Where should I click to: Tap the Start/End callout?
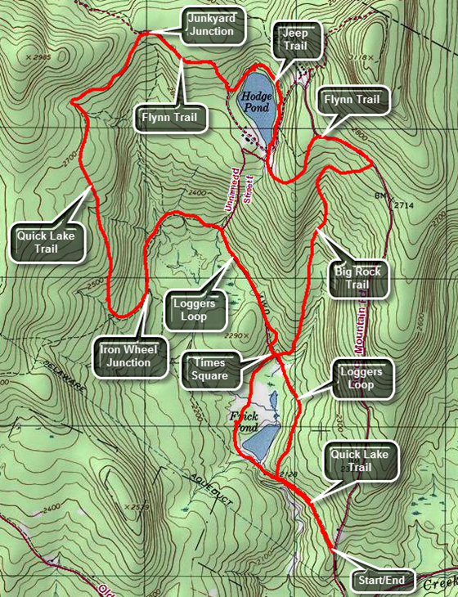click(x=379, y=582)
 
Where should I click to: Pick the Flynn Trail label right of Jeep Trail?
click(x=352, y=100)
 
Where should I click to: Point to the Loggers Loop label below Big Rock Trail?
click(x=360, y=377)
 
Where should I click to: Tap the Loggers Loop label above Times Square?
click(x=195, y=308)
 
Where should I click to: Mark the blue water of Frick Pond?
click(x=261, y=442)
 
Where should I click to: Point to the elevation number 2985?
click(x=38, y=57)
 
